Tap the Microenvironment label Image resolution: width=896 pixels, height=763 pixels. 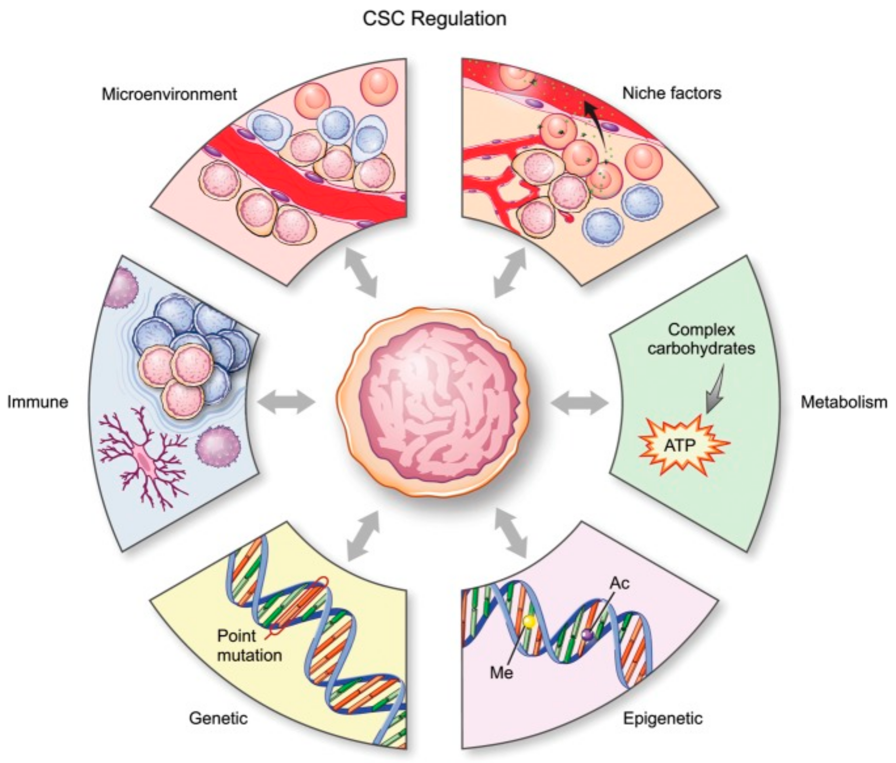tap(169, 94)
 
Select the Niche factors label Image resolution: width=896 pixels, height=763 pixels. tap(672, 93)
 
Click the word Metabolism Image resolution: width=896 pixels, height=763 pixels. tap(844, 402)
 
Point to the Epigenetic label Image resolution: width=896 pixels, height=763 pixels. tap(663, 719)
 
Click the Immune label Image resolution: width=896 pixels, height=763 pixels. tap(38, 402)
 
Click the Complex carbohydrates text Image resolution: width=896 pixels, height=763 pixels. tap(701, 339)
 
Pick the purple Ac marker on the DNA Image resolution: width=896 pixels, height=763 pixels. tap(586, 634)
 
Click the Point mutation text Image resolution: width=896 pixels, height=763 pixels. tap(249, 645)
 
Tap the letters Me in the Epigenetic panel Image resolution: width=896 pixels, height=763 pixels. tap(501, 672)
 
